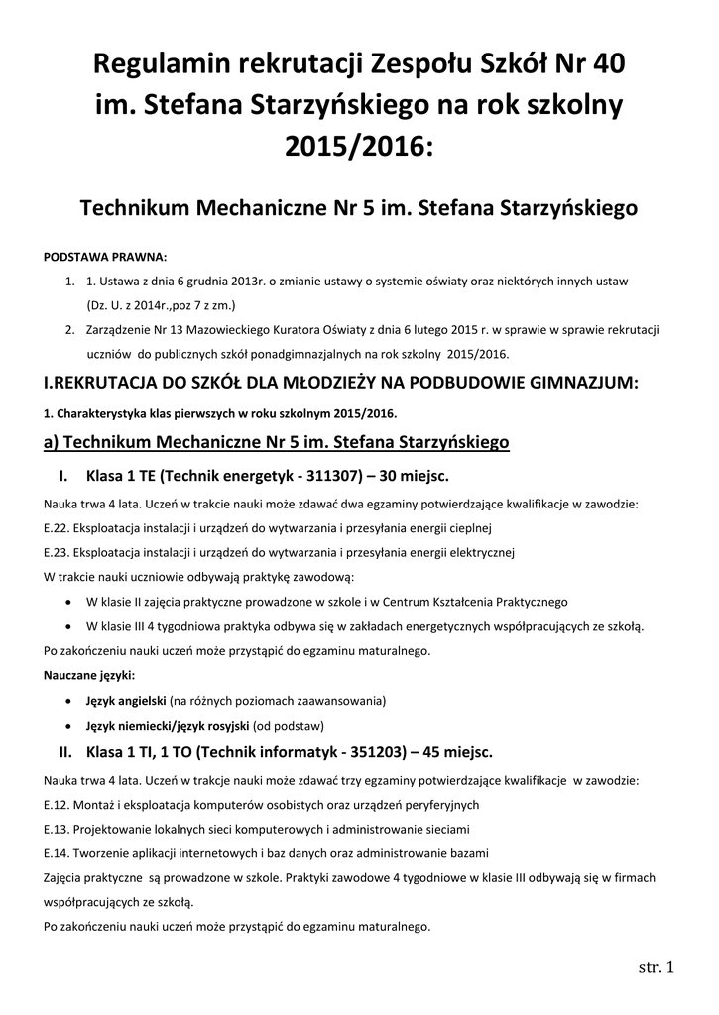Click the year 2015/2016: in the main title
click(359, 146)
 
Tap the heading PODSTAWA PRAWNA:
click(106, 256)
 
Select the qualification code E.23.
click(58, 552)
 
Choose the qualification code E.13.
click(58, 828)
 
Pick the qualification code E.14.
click(58, 852)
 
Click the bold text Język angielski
click(126, 700)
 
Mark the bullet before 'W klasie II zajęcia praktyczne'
click(66, 602)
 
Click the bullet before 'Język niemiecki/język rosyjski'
click(66, 725)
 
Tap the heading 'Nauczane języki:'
click(90, 675)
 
